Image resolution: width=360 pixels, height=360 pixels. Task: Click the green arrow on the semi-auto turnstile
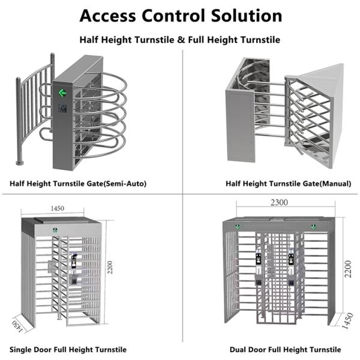point(62,93)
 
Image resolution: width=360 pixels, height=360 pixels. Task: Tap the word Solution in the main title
point(247,16)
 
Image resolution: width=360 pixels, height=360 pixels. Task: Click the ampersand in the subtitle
point(181,40)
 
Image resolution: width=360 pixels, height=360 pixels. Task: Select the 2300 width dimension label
point(279,203)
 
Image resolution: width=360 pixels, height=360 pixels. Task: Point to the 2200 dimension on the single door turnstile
point(110,267)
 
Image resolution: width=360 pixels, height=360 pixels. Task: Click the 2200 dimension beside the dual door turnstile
point(348,269)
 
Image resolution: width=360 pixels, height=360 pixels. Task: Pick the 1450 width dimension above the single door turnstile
point(57,208)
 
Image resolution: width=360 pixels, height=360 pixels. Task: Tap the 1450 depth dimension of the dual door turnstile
point(347,320)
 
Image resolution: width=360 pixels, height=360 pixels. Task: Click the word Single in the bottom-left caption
point(20,350)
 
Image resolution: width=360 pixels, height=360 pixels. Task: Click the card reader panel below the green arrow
point(62,109)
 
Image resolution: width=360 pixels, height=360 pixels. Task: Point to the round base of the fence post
point(20,163)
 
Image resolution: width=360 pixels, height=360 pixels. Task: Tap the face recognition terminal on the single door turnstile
point(74,260)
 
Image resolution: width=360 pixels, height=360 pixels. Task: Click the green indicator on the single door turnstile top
point(55,230)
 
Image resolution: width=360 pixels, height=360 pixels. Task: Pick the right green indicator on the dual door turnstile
point(313,227)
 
